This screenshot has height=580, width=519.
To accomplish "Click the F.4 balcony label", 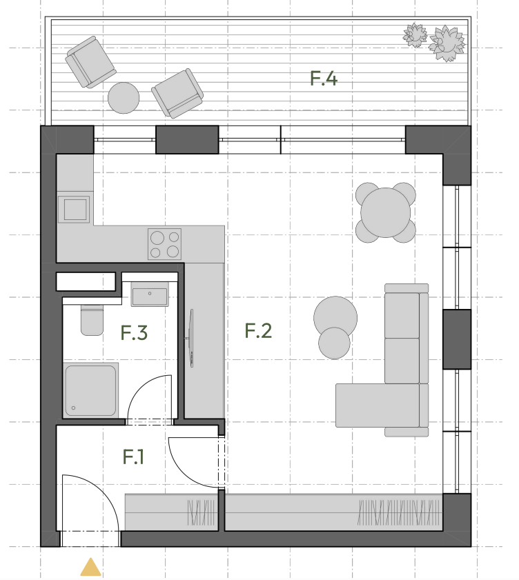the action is tap(324, 79).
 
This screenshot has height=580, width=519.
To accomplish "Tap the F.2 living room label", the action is tap(258, 330).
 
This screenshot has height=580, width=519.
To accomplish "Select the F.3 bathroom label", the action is tap(134, 332).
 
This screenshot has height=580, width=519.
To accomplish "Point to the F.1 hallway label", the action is tap(133, 457).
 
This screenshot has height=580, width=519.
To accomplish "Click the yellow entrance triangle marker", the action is tap(90, 568).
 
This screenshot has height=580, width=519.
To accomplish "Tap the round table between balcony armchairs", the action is tap(124, 98).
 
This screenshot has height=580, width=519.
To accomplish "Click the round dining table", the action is tap(385, 212).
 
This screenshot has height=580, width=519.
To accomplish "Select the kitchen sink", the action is tap(74, 210).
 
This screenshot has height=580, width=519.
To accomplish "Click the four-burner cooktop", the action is tap(165, 244).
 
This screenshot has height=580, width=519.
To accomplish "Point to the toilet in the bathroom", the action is tap(92, 320).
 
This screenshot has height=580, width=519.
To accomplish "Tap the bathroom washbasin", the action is tap(150, 294).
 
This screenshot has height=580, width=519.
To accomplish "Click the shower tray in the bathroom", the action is tap(90, 390).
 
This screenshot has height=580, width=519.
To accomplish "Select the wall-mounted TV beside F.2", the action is tap(191, 339).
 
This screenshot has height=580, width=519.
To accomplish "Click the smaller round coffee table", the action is tap(334, 343).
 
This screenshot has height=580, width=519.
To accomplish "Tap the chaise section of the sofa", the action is tap(378, 406).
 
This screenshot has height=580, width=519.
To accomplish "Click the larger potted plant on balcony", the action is tap(447, 43).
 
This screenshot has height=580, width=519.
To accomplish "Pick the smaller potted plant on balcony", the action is tap(415, 35).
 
